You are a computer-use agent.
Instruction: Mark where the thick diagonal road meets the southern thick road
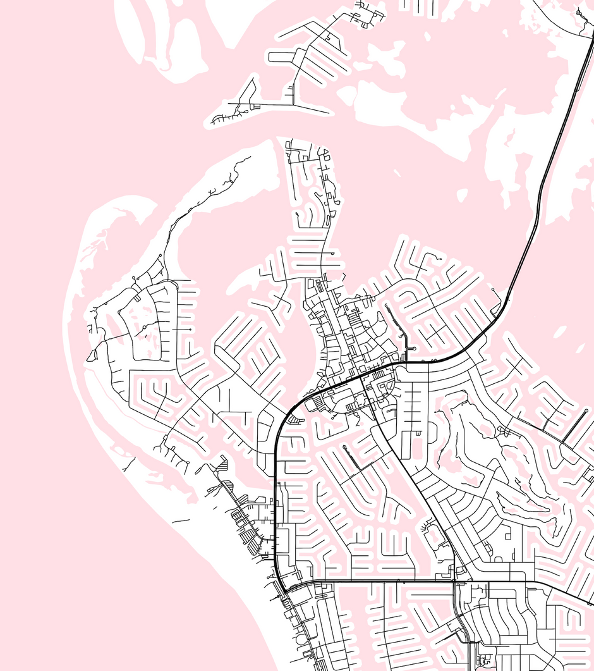(454, 581)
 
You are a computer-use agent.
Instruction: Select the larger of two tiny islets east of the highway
(560, 331)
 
